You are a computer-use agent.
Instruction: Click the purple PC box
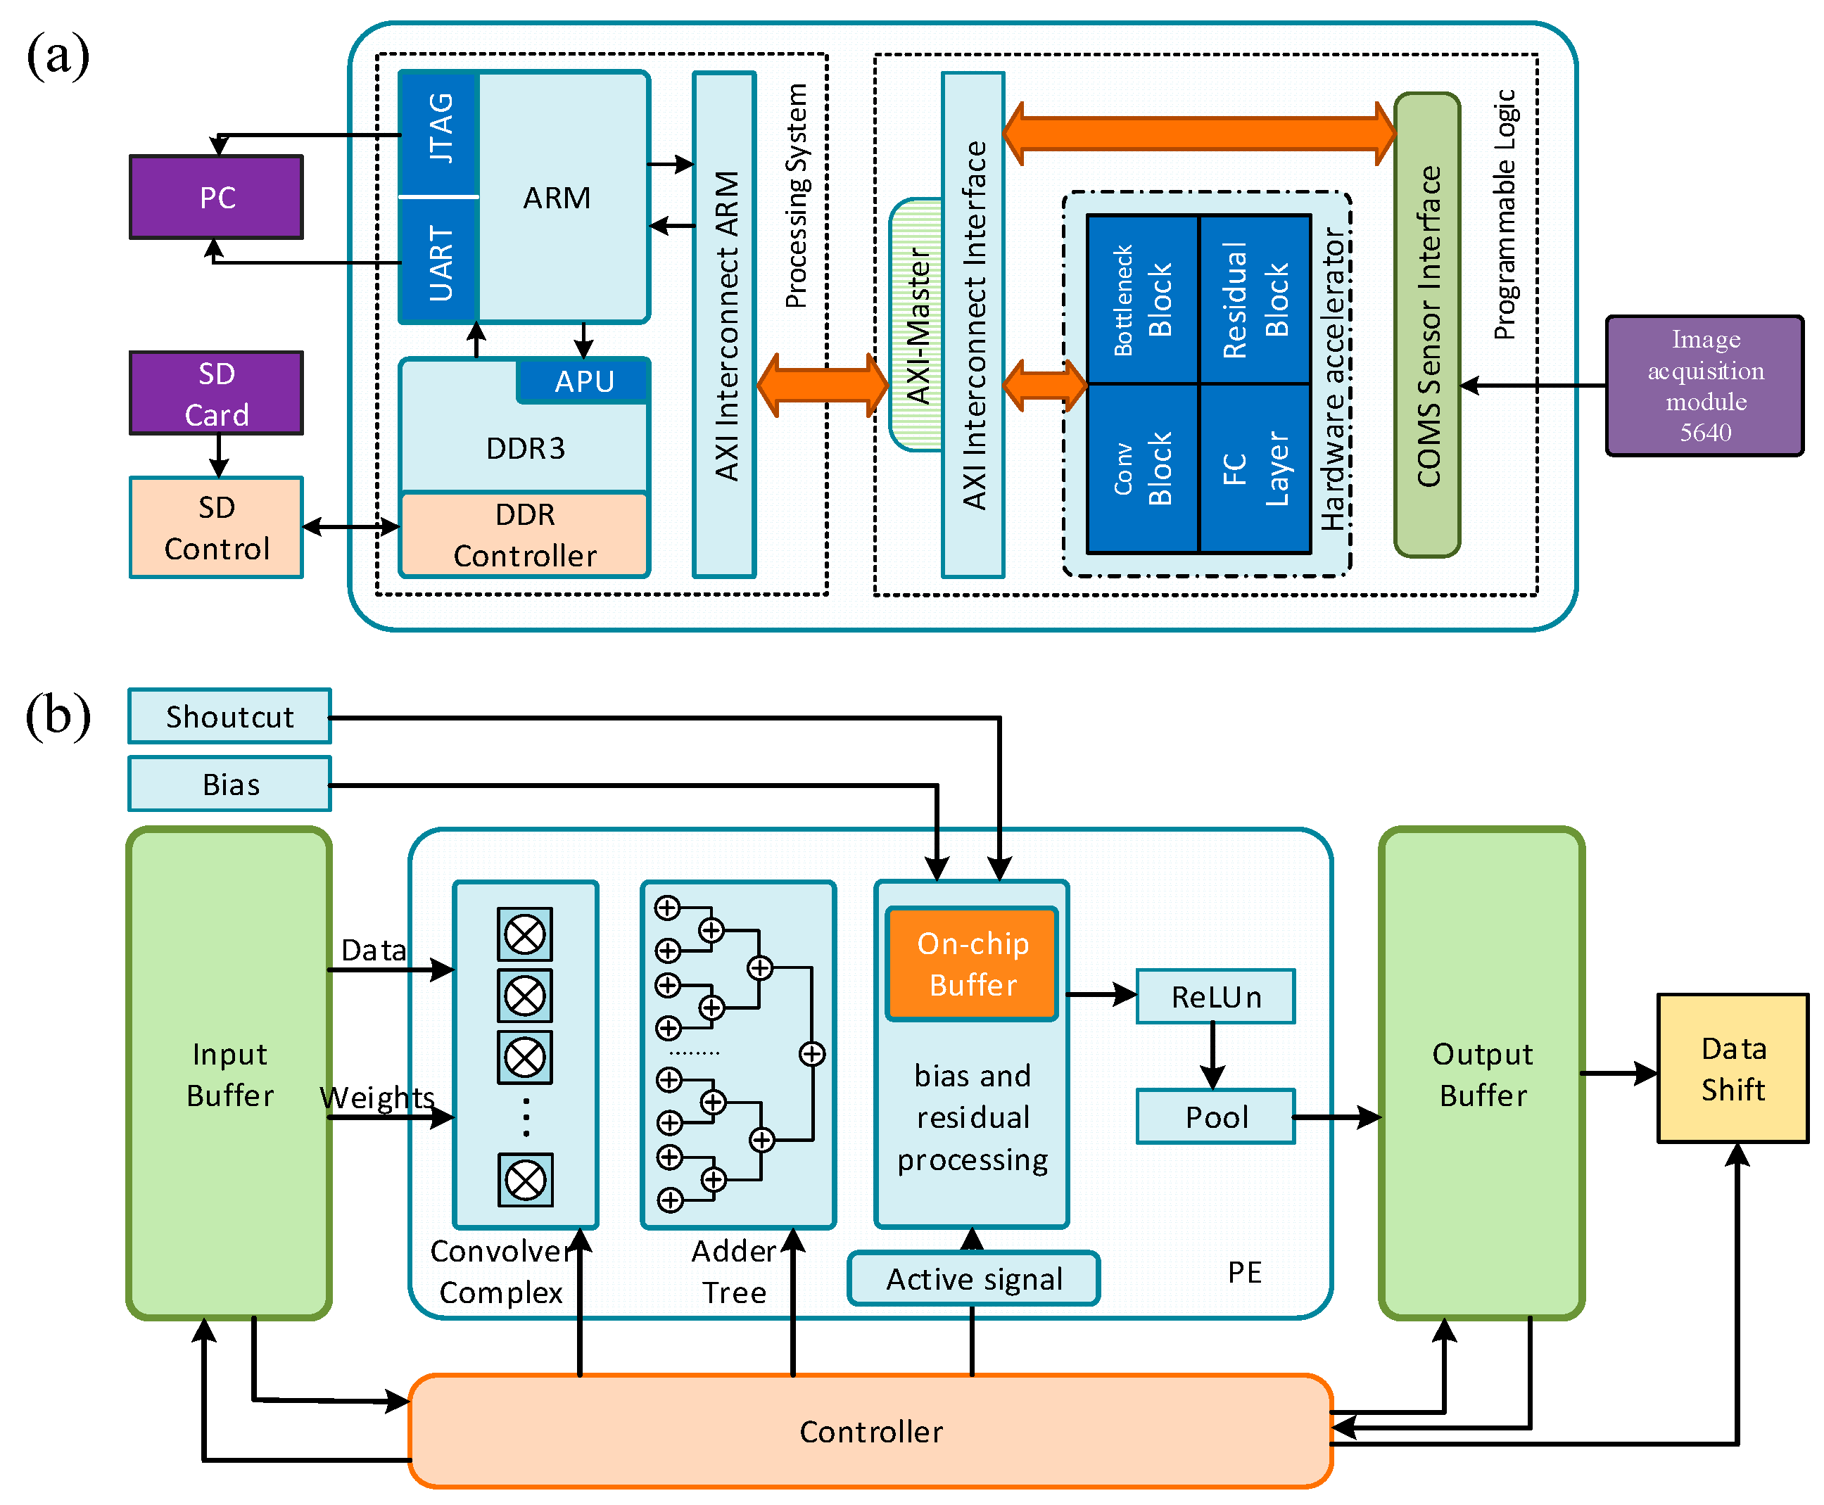coord(216,197)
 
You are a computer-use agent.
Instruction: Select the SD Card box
coord(216,393)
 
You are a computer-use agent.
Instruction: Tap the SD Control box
coord(216,527)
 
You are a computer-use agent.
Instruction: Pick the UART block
coord(440,260)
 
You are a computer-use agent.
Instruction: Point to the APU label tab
coord(583,381)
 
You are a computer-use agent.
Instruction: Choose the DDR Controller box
coord(524,535)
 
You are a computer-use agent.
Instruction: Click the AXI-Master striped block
coord(916,325)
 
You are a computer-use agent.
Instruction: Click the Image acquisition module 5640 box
coord(1704,386)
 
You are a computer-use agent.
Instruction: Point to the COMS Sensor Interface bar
coord(1426,325)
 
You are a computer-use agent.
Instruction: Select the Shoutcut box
coord(229,716)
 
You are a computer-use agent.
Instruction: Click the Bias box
coord(229,784)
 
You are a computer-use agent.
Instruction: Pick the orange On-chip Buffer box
coord(972,963)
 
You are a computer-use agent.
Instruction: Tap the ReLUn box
coord(1215,996)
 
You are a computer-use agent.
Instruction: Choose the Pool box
coord(1215,1117)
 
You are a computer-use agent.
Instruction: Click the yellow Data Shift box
coord(1731,1068)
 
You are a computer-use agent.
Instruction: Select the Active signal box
coord(973,1278)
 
